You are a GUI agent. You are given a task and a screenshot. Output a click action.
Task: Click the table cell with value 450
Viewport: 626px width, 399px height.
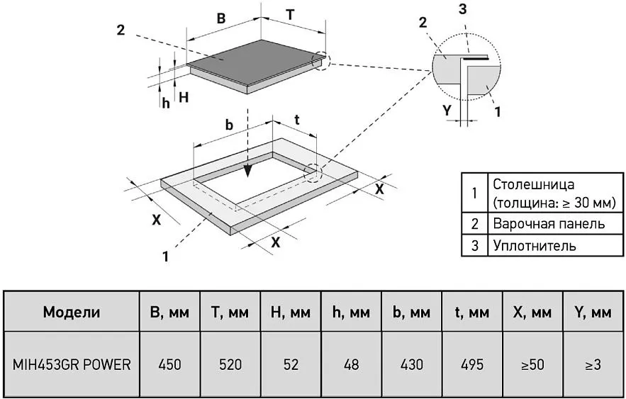pyautogui.click(x=169, y=364)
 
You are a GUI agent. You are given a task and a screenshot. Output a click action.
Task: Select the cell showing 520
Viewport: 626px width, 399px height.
pyautogui.click(x=230, y=364)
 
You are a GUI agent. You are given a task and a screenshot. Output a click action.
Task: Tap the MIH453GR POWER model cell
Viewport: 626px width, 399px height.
pyautogui.click(x=72, y=364)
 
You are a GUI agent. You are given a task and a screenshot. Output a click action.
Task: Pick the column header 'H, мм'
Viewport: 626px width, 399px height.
pyautogui.click(x=291, y=312)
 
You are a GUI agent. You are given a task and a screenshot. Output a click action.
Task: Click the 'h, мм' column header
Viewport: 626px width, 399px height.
pyautogui.click(x=352, y=312)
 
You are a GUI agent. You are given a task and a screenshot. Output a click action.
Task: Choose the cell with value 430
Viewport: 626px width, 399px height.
pyautogui.click(x=412, y=364)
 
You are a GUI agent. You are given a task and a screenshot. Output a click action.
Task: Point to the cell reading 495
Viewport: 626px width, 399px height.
pyautogui.click(x=472, y=364)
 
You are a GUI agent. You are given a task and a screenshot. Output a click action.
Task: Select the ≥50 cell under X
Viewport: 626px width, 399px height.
pyautogui.click(x=532, y=364)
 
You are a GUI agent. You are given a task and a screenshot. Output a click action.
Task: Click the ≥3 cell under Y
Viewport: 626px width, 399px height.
pyautogui.click(x=593, y=364)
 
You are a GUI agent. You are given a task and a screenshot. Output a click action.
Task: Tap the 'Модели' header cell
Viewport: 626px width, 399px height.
pyautogui.click(x=72, y=312)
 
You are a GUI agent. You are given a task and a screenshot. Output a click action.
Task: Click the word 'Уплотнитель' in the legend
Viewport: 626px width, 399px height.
pyautogui.click(x=535, y=245)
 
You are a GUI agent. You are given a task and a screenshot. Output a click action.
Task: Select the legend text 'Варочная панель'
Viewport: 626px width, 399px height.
pyautogui.click(x=549, y=223)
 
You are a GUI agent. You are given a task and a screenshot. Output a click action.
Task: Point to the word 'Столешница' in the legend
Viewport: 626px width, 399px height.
pyautogui.click(x=534, y=184)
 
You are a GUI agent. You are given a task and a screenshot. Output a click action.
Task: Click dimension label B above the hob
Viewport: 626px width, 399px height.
pyautogui.click(x=221, y=18)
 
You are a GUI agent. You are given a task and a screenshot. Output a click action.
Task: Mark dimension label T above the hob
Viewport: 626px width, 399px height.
pyautogui.click(x=290, y=15)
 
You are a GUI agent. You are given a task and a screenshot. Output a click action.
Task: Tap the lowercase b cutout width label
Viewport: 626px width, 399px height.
pyautogui.click(x=229, y=125)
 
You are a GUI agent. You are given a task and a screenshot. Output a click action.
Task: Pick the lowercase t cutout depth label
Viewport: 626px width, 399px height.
pyautogui.click(x=297, y=120)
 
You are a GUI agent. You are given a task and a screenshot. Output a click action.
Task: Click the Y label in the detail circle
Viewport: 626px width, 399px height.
pyautogui.click(x=447, y=110)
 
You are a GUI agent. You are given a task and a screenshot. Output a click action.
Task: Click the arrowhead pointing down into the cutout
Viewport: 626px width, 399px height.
pyautogui.click(x=248, y=171)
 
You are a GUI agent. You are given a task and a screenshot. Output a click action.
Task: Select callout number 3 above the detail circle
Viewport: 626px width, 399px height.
pyautogui.click(x=463, y=9)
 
